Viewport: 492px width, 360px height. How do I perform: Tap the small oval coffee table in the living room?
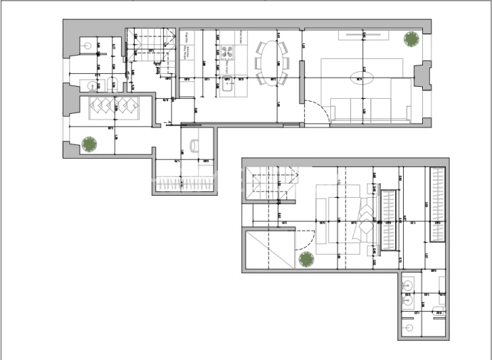(359, 76)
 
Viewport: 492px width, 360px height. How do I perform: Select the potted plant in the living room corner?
(412, 40)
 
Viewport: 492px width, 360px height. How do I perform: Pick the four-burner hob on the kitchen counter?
(229, 52)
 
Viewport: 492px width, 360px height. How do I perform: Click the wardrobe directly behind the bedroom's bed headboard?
(389, 222)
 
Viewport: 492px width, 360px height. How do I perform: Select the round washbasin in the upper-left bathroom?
(92, 86)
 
